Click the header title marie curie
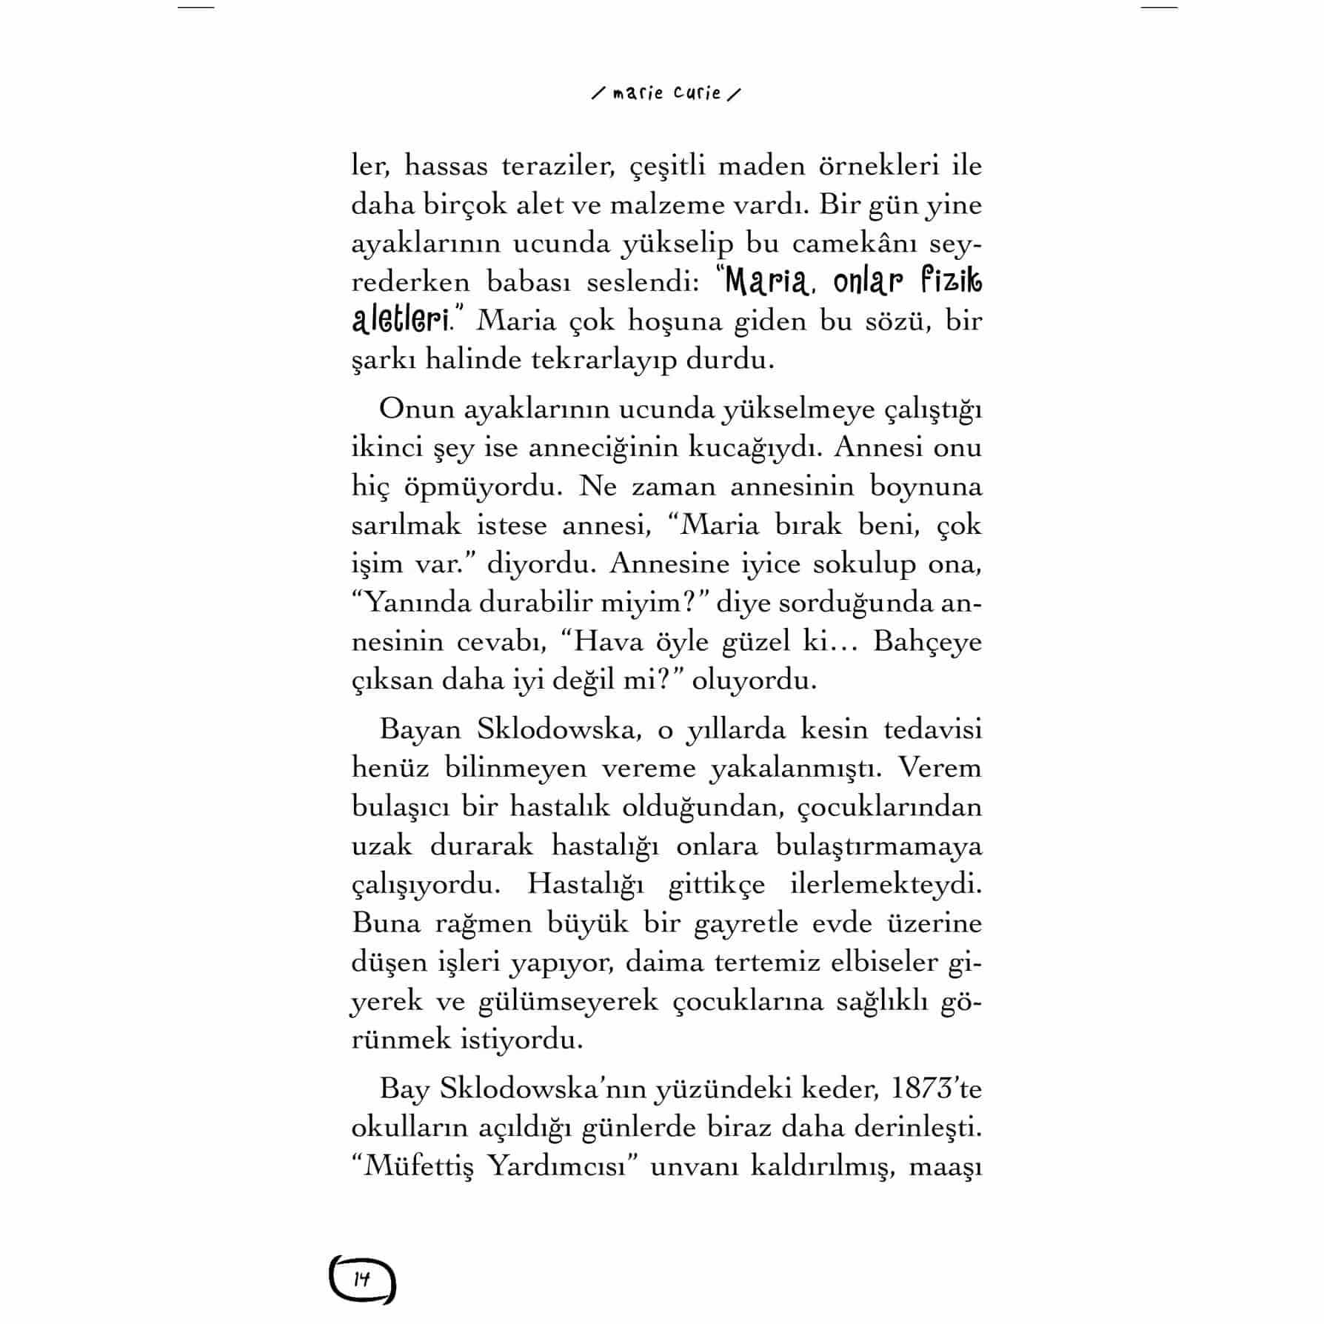[666, 94]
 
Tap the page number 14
[362, 1279]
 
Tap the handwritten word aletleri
[401, 321]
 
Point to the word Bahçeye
[927, 641]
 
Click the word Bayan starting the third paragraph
[420, 730]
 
